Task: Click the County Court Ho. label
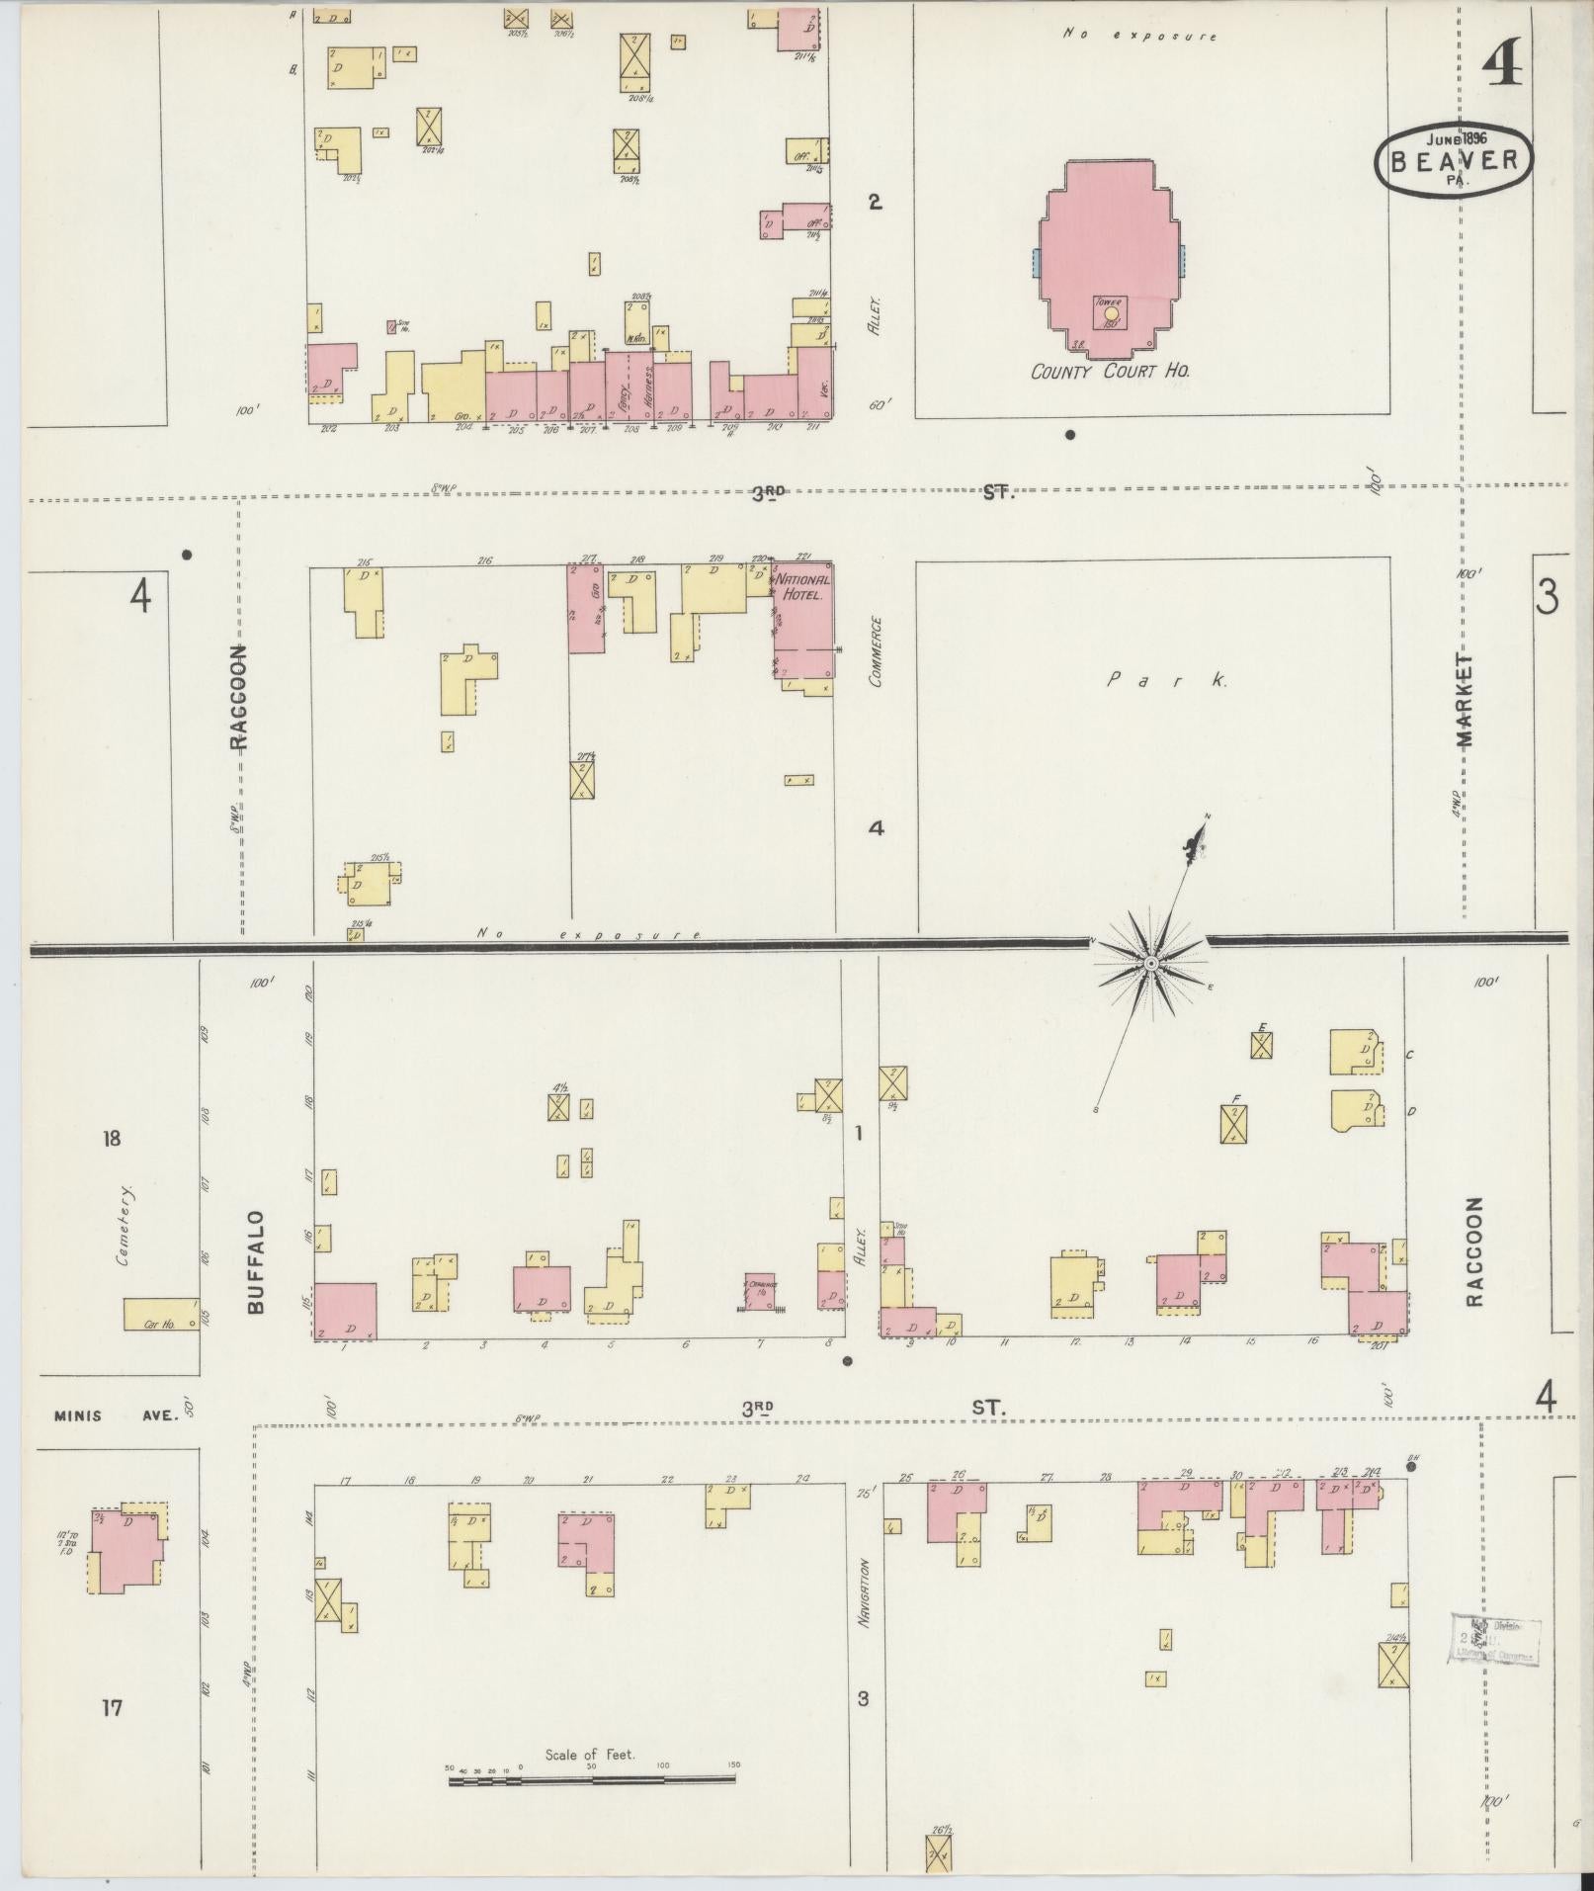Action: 1109,373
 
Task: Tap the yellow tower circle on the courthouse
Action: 1112,313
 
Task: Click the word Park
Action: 1166,680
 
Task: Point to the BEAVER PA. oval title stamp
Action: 1453,160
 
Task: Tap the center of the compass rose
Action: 1151,963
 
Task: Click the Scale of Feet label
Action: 590,1756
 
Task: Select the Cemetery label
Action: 126,1226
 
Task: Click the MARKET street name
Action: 1464,700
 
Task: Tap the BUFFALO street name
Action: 256,1261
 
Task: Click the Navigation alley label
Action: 863,1593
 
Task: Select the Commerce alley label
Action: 875,651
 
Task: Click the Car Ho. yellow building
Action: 160,1314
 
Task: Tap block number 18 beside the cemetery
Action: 111,1139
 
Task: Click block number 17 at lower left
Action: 112,1707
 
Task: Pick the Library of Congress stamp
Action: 1494,1639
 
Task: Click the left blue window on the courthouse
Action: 1036,263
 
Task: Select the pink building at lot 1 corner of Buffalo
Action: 346,1311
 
